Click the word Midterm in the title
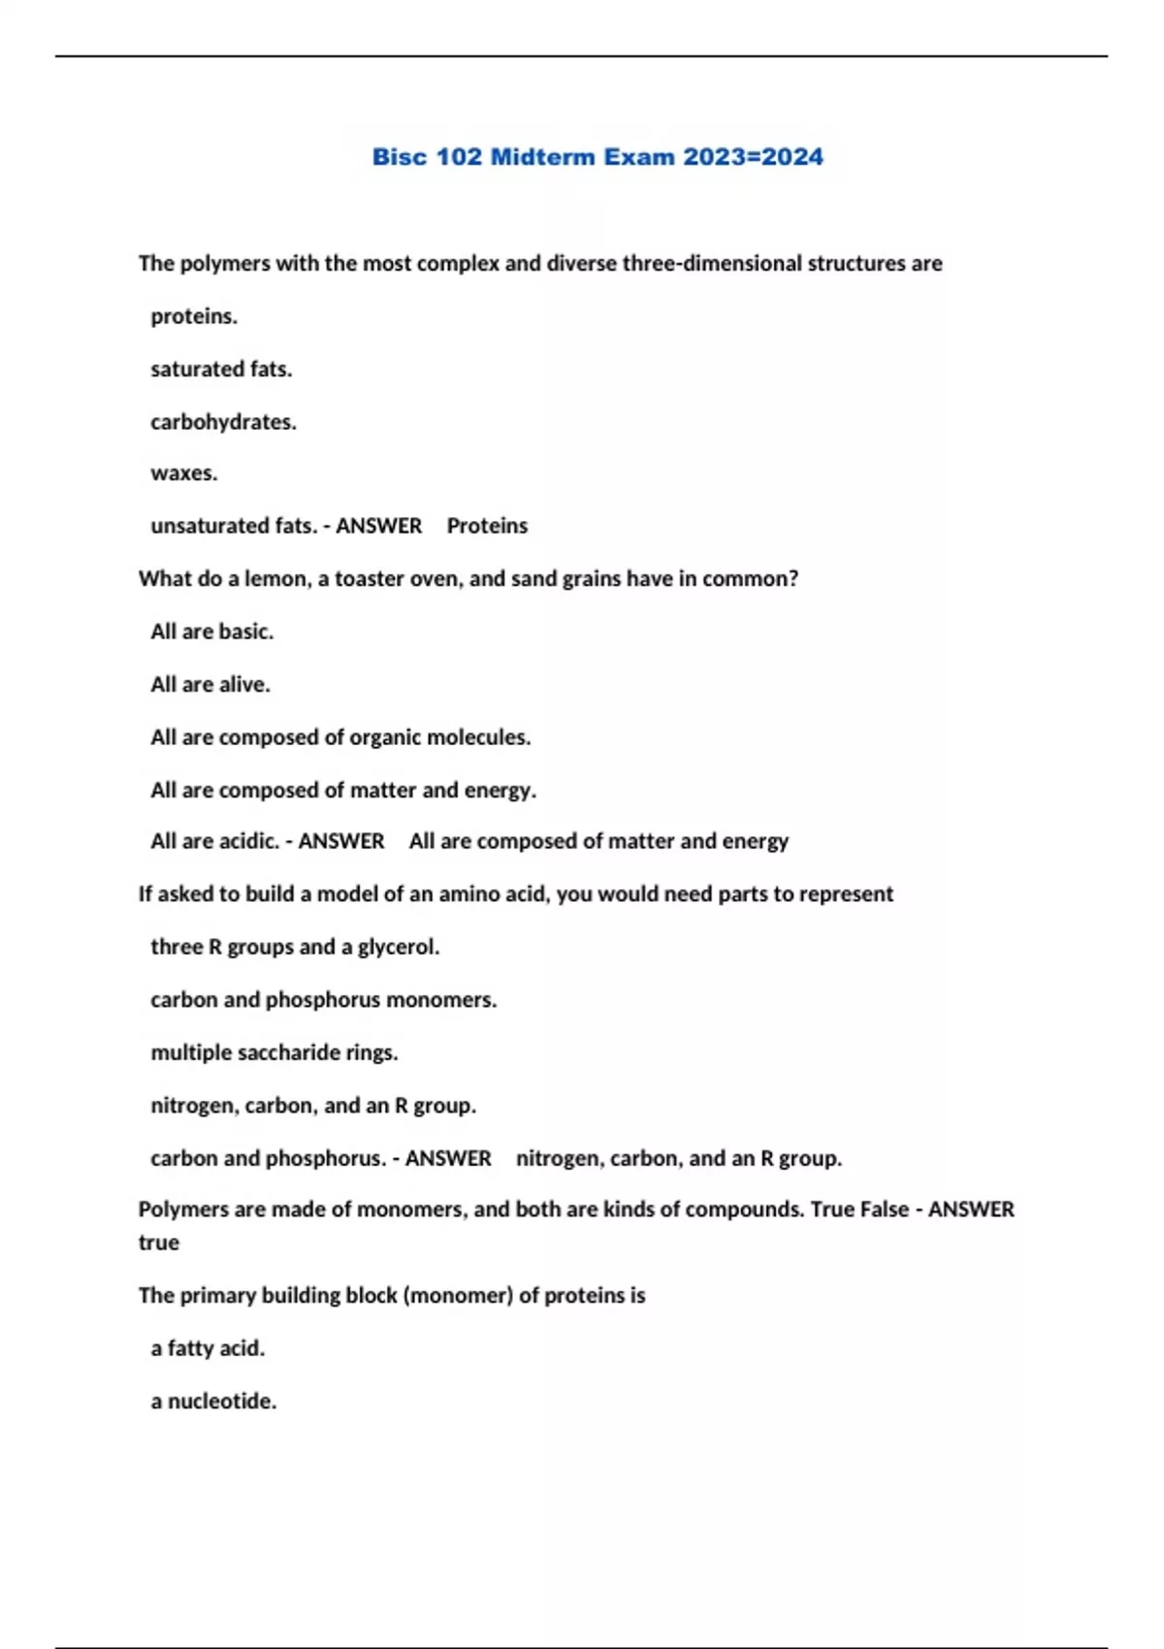[x=543, y=157]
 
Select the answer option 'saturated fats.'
[x=221, y=370]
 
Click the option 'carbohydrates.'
[x=223, y=422]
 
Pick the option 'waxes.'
[x=184, y=473]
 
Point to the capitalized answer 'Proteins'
[x=487, y=526]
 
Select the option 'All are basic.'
[x=211, y=631]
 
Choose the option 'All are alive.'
[x=210, y=685]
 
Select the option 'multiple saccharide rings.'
[x=275, y=1052]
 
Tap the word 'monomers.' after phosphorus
[x=441, y=1000]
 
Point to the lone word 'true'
[x=159, y=1243]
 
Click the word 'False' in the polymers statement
[x=884, y=1210]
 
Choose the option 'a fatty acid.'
[x=208, y=1348]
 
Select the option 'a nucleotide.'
[x=213, y=1402]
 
